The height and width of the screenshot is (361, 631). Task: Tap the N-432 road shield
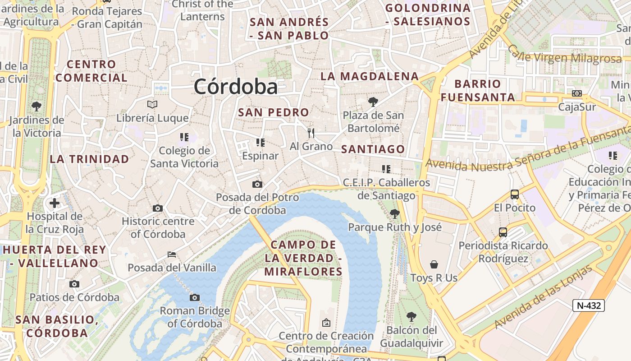point(589,305)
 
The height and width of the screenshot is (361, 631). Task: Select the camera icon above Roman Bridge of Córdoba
point(195,297)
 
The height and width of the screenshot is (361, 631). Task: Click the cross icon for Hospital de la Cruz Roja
point(55,203)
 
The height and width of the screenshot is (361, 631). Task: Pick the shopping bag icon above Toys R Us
point(434,264)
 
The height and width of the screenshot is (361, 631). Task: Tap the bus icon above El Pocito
point(514,194)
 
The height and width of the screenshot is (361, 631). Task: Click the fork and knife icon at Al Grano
point(311,133)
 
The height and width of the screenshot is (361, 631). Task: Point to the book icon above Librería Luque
point(152,105)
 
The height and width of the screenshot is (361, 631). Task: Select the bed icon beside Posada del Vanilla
point(171,255)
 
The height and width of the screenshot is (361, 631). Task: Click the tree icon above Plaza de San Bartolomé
point(373,102)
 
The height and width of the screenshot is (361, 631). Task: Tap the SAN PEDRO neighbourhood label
point(274,112)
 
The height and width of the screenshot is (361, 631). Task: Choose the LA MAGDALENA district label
point(370,76)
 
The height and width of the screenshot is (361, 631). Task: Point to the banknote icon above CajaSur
point(576,93)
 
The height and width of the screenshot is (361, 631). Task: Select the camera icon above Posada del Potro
point(257,184)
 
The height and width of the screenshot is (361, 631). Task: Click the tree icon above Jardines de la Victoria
point(37,106)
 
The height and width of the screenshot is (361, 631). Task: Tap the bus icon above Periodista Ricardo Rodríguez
point(503,232)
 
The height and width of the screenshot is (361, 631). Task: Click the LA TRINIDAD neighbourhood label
point(89,159)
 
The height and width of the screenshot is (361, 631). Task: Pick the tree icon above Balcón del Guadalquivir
point(411,317)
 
